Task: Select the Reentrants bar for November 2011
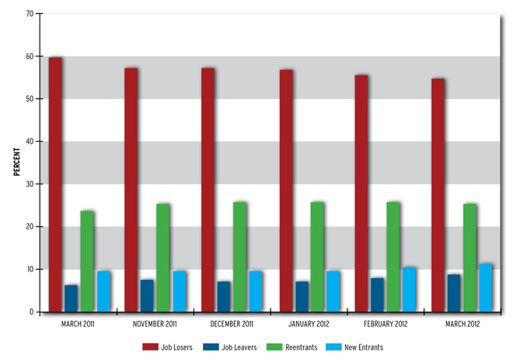pos(162,257)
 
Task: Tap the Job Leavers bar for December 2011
pos(224,296)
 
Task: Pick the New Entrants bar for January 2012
pos(333,291)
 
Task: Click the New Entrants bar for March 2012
pos(486,288)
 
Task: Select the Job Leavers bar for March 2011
pos(71,298)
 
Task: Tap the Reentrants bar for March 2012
pos(469,257)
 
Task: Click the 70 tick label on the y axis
pos(28,14)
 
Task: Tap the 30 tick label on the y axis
pos(28,184)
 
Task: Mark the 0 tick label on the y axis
pos(30,312)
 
